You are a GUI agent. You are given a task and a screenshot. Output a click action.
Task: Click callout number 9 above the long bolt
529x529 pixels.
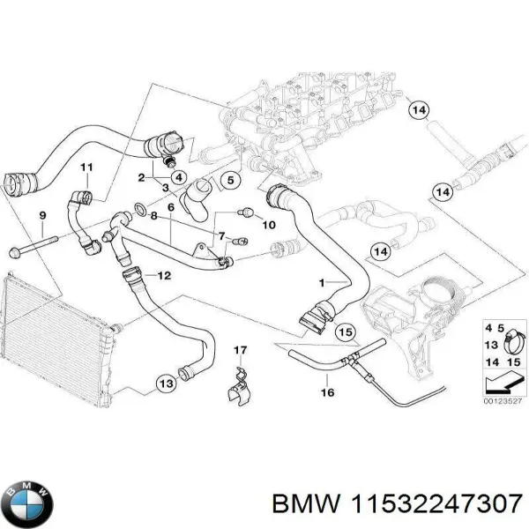41,216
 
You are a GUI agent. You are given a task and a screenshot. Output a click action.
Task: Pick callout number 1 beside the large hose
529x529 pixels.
322,283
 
